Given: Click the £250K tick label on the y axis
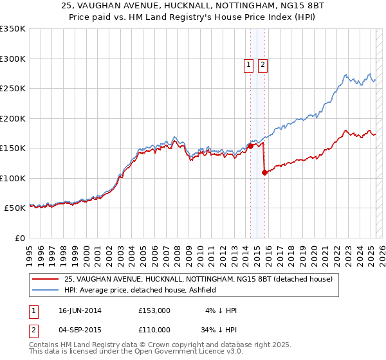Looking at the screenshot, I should (x=12, y=89).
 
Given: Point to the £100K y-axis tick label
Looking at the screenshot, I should (x=12, y=178).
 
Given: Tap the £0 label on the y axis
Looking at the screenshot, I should (x=19, y=238).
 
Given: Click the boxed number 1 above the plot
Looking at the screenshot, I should (x=248, y=64).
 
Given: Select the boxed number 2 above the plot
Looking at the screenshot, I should (x=263, y=64).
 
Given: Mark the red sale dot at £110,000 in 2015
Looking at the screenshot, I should (x=264, y=172).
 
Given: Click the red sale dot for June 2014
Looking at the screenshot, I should (x=250, y=147).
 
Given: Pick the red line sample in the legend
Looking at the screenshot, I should (x=44, y=279).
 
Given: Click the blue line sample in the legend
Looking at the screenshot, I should (x=44, y=290).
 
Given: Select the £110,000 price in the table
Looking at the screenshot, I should (x=154, y=329).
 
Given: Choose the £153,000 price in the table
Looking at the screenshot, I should (x=154, y=310).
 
